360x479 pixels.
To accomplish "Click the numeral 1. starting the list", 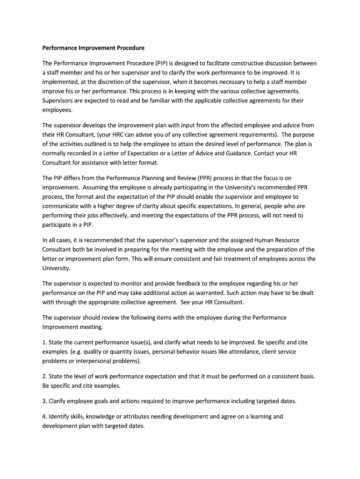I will pyautogui.click(x=45, y=342).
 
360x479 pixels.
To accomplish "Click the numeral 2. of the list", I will pyautogui.click(x=45, y=376).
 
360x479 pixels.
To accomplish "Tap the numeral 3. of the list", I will pyautogui.click(x=45, y=401).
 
